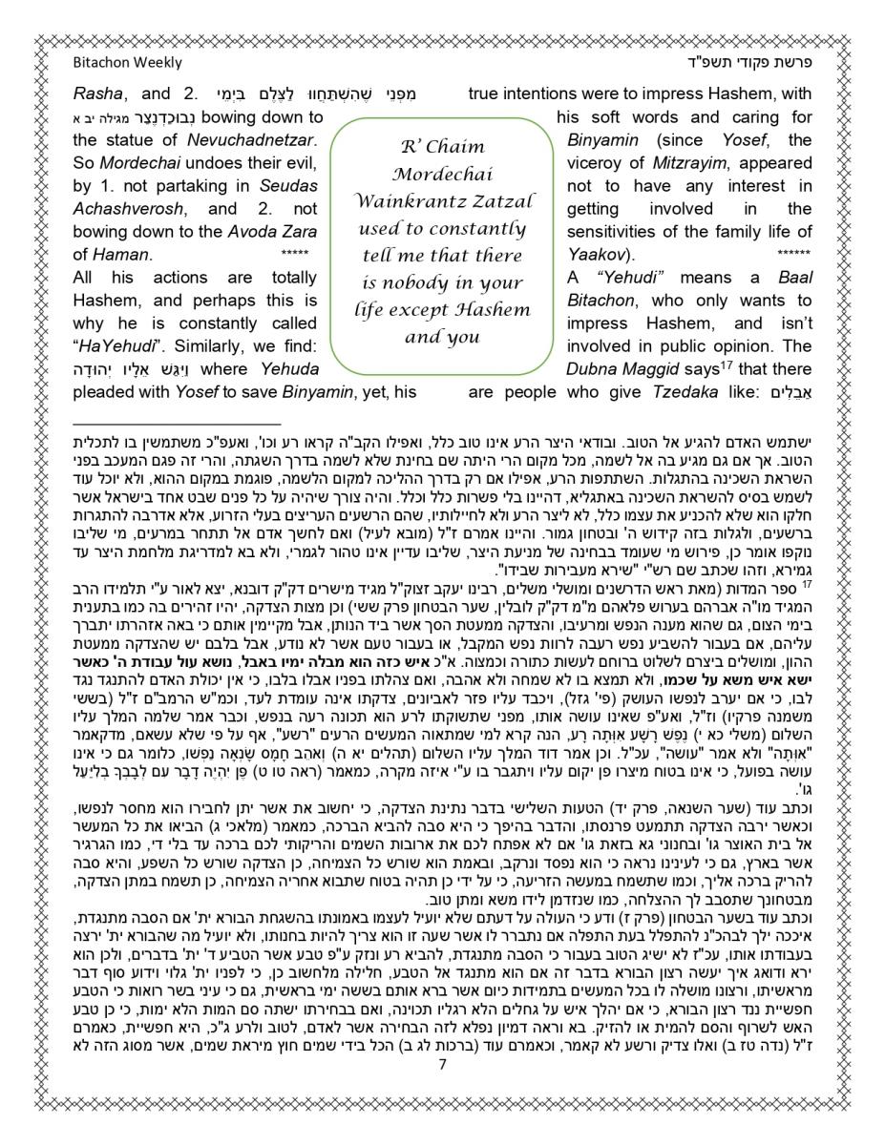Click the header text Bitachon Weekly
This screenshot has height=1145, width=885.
(127, 63)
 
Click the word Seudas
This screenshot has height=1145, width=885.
(288, 186)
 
